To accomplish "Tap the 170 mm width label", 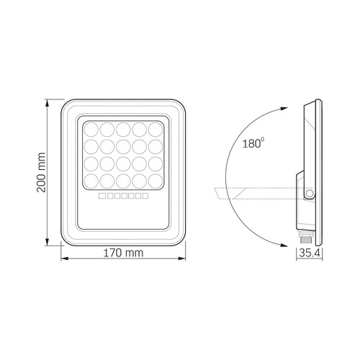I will pos(122,252).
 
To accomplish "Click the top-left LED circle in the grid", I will pos(92,130).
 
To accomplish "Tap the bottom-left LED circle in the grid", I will pos(92,179).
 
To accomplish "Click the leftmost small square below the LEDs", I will pos(102,195).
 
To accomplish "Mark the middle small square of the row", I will pos(123,195).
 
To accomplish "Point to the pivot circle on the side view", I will pos(310,193).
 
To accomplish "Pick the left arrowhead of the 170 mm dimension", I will pos(63,257).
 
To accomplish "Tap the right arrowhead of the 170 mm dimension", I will pos(181,257).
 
